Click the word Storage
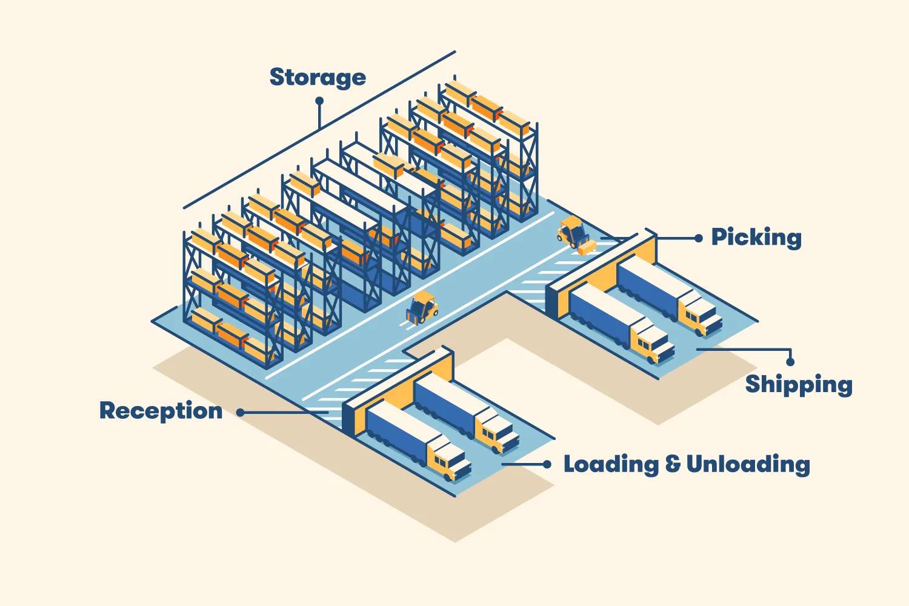tap(318, 78)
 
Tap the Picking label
tap(756, 238)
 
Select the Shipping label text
tap(799, 385)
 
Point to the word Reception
tap(161, 411)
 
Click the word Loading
tap(611, 465)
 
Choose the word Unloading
tap(748, 465)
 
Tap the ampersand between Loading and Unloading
tap(673, 465)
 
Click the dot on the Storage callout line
tap(319, 102)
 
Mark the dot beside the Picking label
tap(699, 238)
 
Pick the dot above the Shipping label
tap(790, 362)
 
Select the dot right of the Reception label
tap(241, 412)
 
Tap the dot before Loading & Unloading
tap(547, 464)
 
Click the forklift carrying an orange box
tap(573, 233)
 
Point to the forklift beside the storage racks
tap(422, 307)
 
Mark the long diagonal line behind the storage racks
tap(319, 130)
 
